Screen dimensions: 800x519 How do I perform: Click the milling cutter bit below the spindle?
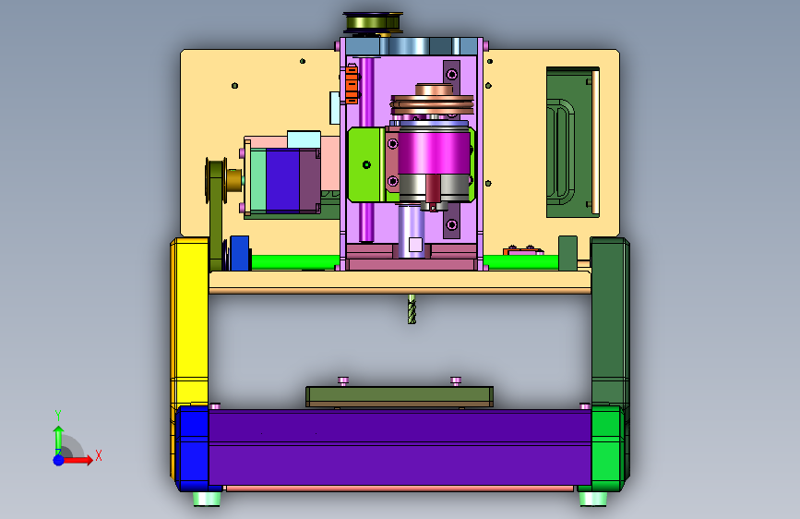pos(412,308)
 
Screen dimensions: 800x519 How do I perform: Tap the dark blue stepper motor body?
pos(282,180)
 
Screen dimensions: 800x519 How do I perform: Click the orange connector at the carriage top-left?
pos(352,84)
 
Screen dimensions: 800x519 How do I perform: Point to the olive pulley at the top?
pos(374,23)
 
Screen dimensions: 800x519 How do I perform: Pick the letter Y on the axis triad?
pos(58,416)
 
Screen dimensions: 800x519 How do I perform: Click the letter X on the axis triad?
pos(99,455)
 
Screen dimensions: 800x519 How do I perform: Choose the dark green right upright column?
pos(610,321)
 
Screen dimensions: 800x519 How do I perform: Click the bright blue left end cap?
pos(192,448)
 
